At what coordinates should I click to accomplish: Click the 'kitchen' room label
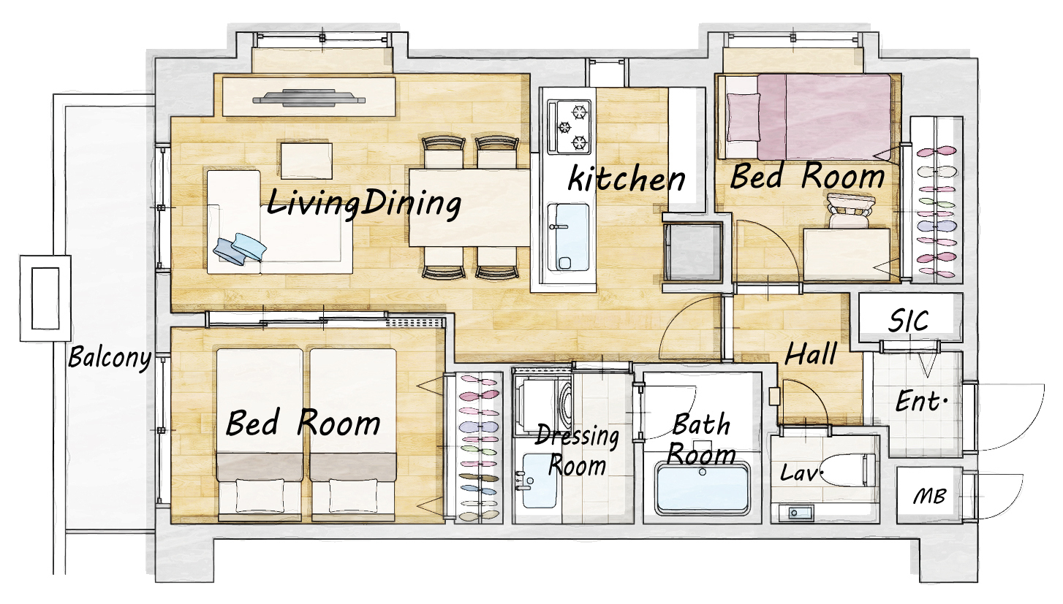point(627,179)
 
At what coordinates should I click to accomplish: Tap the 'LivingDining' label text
point(363,204)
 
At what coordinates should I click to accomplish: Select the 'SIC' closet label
point(908,321)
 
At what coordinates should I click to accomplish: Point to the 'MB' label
point(930,496)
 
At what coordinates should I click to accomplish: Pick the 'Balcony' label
point(110,357)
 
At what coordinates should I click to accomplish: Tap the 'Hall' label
point(811,354)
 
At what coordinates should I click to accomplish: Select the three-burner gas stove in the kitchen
point(569,127)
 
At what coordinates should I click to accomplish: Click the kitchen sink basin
point(568,237)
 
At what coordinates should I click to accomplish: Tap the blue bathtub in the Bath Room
point(701,489)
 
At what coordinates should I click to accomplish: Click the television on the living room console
point(309,97)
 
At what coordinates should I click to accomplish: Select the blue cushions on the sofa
point(240,247)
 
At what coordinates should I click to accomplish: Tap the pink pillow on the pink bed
point(744,117)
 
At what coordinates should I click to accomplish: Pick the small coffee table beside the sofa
point(306,160)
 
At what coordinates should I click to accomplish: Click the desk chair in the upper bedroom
point(850,210)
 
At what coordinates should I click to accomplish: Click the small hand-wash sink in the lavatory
point(795,513)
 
